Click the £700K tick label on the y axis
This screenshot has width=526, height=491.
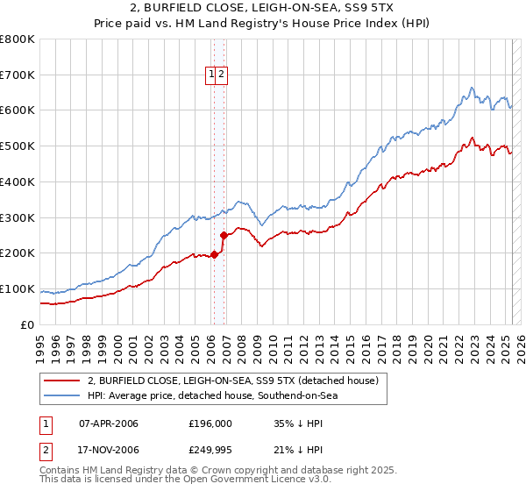[18, 75]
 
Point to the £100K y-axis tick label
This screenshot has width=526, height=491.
[18, 288]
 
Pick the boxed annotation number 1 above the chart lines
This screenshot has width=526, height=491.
[212, 75]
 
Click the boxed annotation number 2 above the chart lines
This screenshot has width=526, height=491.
[222, 75]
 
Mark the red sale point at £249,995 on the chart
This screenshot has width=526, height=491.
[224, 235]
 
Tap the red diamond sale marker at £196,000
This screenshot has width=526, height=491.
[214, 254]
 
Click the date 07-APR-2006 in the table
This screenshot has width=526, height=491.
[109, 423]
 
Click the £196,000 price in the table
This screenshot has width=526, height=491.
[210, 423]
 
